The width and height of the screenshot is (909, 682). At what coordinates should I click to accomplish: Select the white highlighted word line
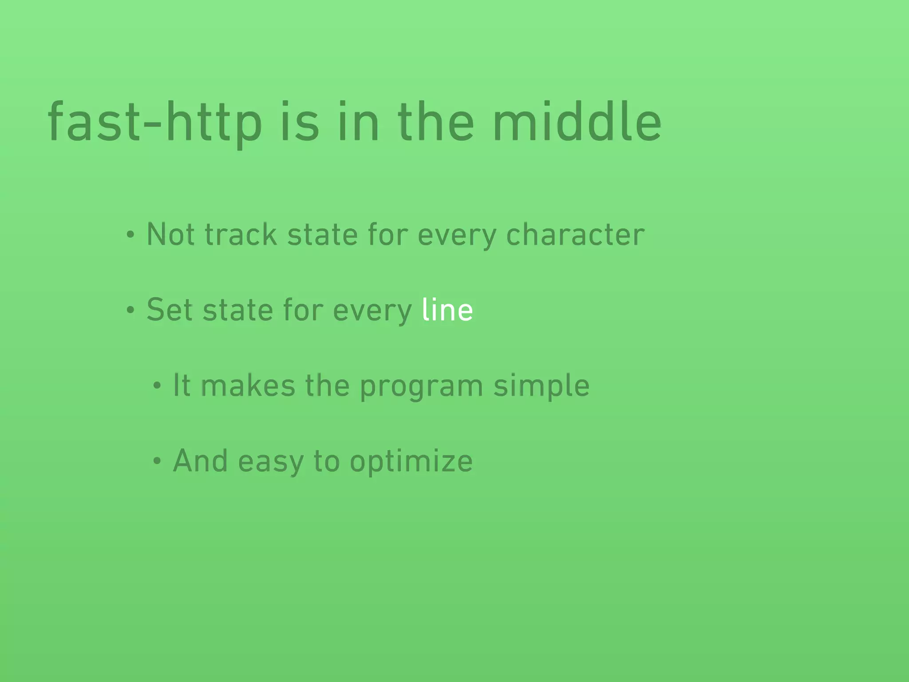tap(447, 309)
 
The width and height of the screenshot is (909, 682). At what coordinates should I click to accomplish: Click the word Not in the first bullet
tap(170, 234)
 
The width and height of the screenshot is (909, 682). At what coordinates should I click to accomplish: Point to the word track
tap(241, 234)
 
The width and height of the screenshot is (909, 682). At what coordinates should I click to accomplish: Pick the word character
tap(575, 234)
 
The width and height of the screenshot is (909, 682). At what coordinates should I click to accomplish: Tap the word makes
tap(248, 385)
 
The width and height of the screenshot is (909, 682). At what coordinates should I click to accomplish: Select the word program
tap(421, 386)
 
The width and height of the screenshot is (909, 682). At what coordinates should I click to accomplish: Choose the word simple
tap(541, 386)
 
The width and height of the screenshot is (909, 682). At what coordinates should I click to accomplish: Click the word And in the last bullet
tap(200, 461)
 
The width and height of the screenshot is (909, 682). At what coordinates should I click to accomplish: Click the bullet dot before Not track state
tap(130, 235)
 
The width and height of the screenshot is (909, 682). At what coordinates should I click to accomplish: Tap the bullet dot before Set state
tap(130, 310)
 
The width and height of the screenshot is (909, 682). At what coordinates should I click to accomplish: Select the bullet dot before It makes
tap(156, 386)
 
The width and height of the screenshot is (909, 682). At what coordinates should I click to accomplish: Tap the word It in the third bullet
tap(182, 385)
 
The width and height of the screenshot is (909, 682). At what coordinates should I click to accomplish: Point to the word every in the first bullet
tap(457, 235)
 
